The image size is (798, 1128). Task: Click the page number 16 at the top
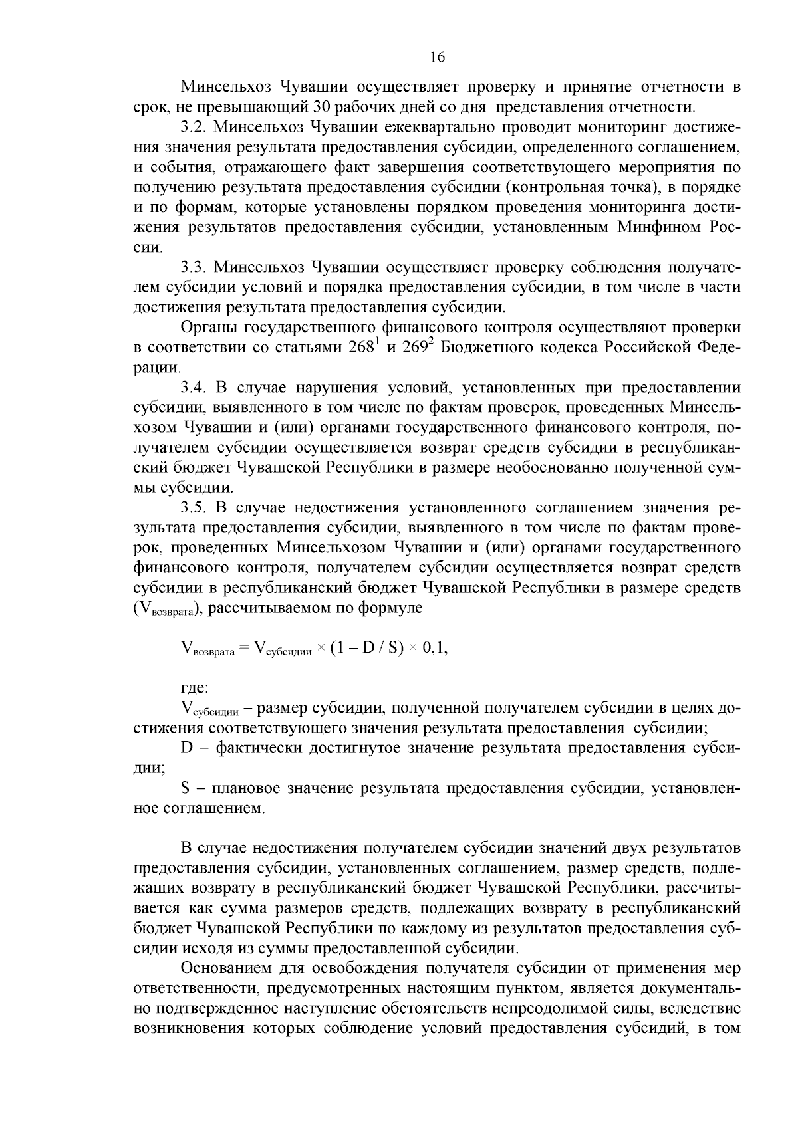pos(437,57)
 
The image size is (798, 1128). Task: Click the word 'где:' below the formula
pos(195,688)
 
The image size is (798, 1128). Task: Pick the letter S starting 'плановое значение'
pos(186,788)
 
